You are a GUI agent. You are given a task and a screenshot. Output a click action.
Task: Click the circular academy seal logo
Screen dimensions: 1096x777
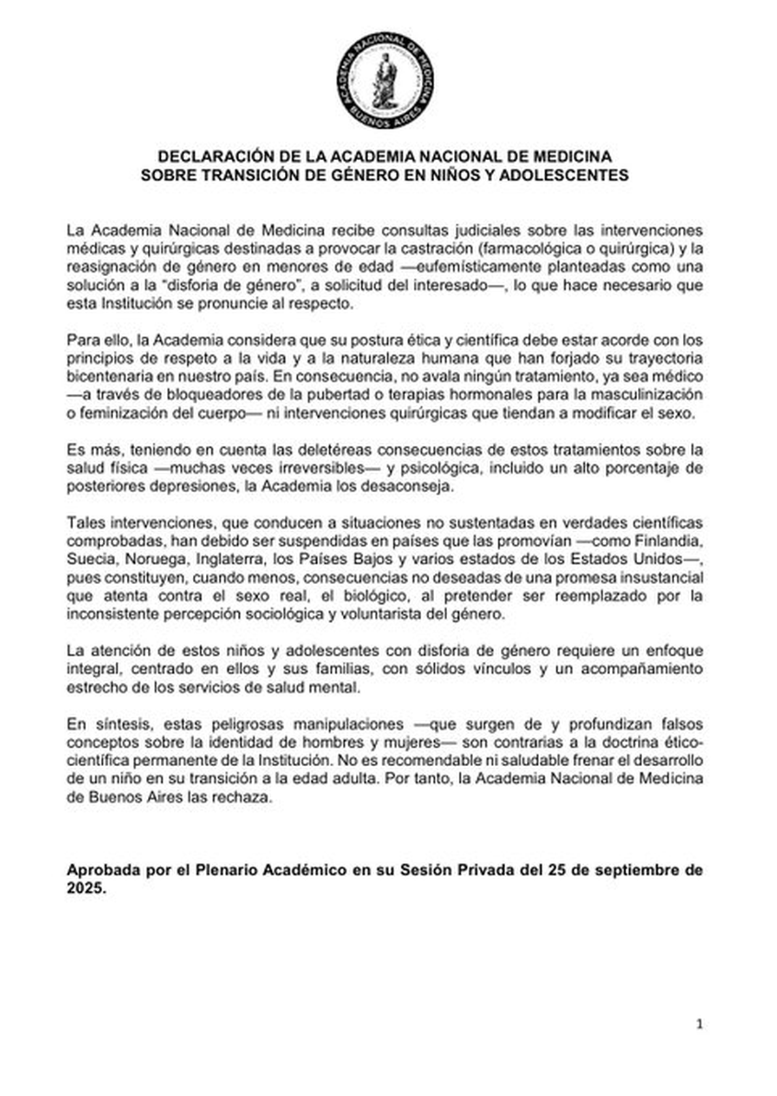click(x=385, y=80)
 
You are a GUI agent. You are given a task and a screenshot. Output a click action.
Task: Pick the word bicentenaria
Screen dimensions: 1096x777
click(x=106, y=376)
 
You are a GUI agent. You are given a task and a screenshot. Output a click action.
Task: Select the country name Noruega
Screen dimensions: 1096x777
click(x=154, y=560)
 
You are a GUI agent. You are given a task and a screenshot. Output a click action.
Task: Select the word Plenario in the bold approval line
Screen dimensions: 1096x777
click(x=225, y=870)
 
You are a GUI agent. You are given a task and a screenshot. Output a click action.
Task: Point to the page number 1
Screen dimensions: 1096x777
click(x=699, y=1024)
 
